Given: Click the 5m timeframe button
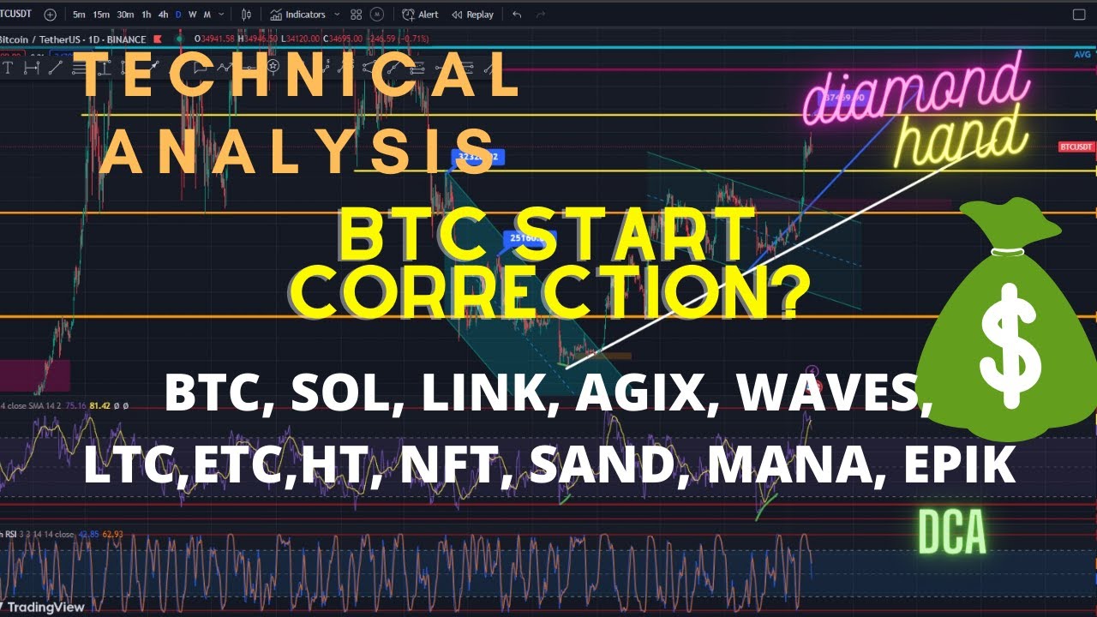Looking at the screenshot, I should click(x=79, y=15).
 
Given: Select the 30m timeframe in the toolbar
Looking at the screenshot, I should click(x=125, y=15).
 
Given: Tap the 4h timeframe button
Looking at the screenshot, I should click(x=163, y=15).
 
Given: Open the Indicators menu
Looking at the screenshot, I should click(x=298, y=15).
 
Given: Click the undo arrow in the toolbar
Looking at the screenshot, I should click(x=517, y=15).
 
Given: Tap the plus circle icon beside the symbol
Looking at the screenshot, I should click(x=50, y=15).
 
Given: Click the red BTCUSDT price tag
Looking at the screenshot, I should click(x=1076, y=147).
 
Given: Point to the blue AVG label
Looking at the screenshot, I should click(x=1082, y=55).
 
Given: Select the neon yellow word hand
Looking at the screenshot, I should click(x=962, y=141).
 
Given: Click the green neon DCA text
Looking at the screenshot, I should click(x=952, y=534).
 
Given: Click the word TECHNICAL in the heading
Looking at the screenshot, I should click(x=300, y=75).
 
